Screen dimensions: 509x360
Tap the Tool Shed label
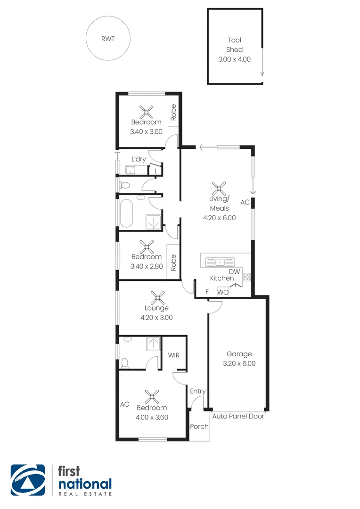click(x=234, y=45)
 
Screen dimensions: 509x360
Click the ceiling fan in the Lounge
click(x=156, y=297)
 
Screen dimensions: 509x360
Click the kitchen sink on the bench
click(x=220, y=261)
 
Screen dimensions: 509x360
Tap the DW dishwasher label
click(x=234, y=272)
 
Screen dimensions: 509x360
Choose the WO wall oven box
click(x=223, y=292)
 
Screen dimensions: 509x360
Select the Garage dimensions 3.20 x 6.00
click(x=239, y=363)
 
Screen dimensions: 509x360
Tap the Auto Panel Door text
click(x=238, y=417)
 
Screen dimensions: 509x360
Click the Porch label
click(x=199, y=427)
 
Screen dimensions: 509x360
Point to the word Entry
click(x=198, y=391)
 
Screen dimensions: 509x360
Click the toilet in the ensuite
click(x=124, y=362)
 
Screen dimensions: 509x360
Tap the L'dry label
click(x=138, y=160)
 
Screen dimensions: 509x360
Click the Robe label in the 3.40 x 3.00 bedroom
click(x=173, y=113)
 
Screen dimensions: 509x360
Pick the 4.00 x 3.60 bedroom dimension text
click(x=152, y=417)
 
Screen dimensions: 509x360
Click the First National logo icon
click(x=28, y=480)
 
